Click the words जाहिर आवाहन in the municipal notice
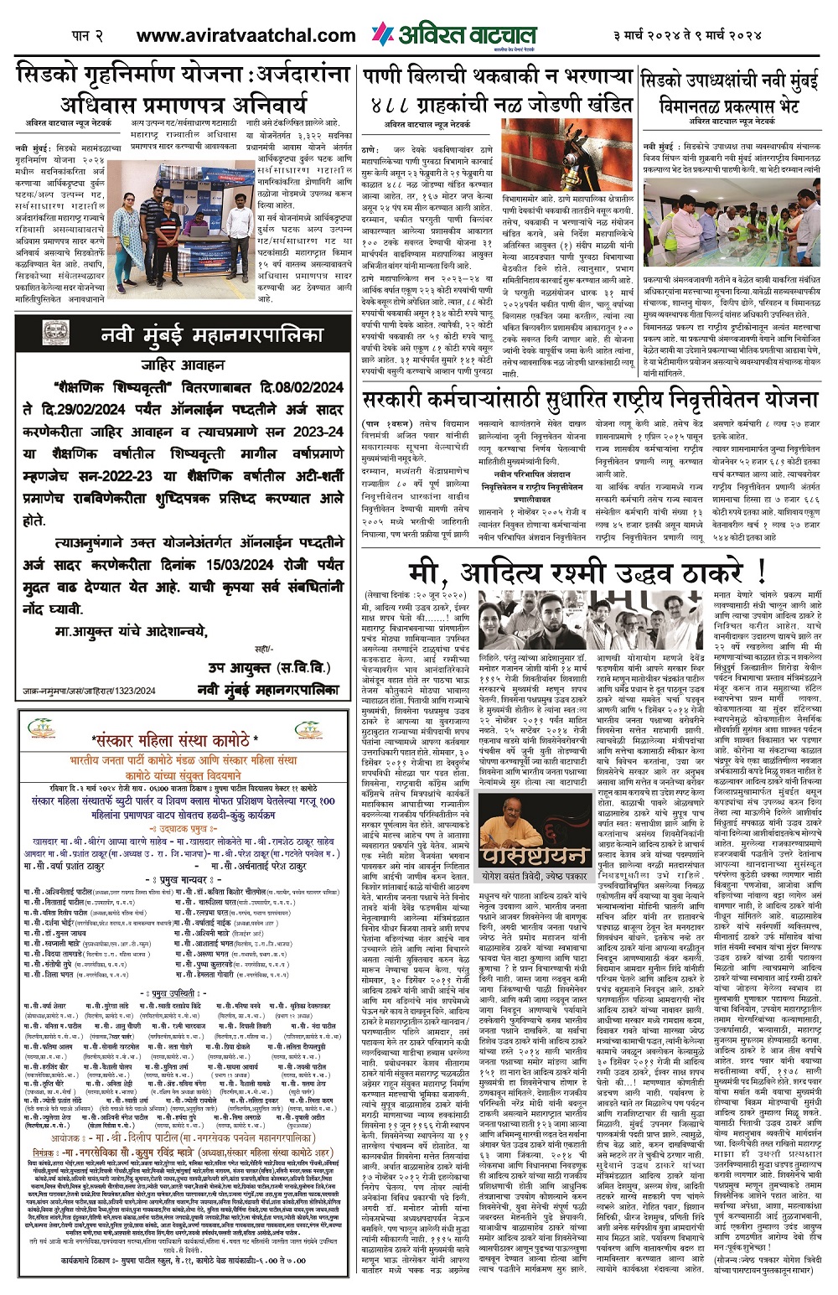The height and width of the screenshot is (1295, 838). (182, 365)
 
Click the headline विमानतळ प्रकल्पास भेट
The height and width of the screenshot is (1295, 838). (731, 106)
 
